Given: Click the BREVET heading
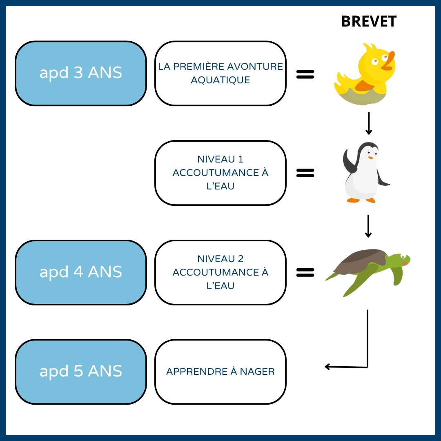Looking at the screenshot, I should (369, 22).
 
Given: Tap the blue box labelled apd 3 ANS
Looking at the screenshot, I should (81, 73).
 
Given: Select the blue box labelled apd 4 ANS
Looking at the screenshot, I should (81, 272).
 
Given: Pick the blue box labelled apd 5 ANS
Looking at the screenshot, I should (81, 372).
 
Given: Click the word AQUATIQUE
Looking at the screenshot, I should (220, 80).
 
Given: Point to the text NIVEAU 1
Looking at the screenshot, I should (220, 159).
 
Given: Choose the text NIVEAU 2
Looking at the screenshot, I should (220, 258).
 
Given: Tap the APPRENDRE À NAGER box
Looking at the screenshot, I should (220, 372).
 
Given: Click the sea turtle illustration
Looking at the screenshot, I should (367, 269).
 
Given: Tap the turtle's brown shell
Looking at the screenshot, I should (359, 261).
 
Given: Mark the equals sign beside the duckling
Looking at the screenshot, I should (305, 74).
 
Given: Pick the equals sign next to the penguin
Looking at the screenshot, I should (305, 173).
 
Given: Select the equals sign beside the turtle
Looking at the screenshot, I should (305, 272).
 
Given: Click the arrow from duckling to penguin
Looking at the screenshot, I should (368, 123).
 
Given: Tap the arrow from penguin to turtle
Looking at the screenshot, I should (368, 226).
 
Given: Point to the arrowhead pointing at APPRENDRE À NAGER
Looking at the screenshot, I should (328, 367).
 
